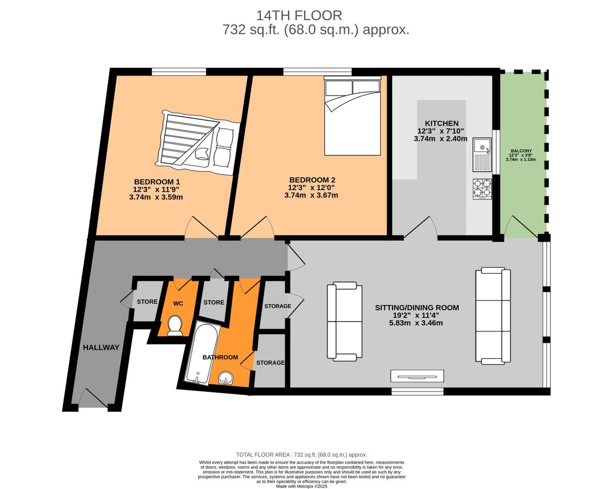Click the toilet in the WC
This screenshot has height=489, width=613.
pos(175,327)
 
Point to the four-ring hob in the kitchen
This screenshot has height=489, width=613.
pos(482,189)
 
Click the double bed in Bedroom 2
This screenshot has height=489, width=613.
pos(352,116)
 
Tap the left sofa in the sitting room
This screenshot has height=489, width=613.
pos(344,322)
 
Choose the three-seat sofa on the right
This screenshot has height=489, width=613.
pos(493,316)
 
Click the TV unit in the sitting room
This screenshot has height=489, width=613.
pos(417,376)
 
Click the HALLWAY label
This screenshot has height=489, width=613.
pos(101,347)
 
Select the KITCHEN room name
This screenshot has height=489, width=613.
pos(441,123)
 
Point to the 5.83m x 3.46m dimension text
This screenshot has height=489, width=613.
pos(416,323)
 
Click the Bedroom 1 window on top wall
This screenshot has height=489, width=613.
pos(179,71)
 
